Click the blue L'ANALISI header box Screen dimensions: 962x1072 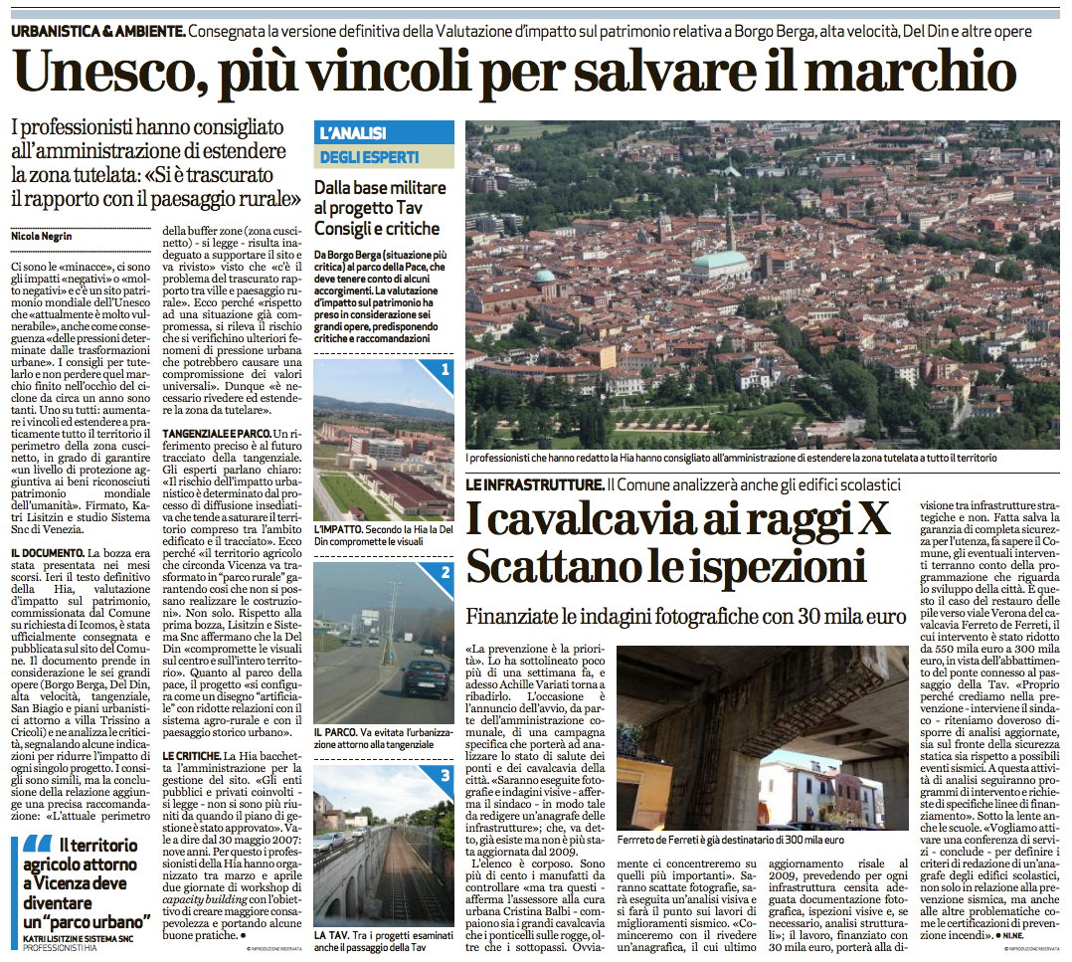tap(384, 132)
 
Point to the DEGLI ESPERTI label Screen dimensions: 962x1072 tap(369, 157)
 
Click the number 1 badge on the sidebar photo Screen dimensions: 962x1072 tap(445, 369)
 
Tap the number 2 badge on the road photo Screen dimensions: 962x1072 tap(445, 573)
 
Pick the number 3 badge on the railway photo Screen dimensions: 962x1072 tap(445, 776)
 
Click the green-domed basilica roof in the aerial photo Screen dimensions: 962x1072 tap(721, 264)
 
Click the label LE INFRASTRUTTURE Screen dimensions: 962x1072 tap(534, 484)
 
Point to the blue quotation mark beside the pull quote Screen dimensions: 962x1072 tap(33, 854)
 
